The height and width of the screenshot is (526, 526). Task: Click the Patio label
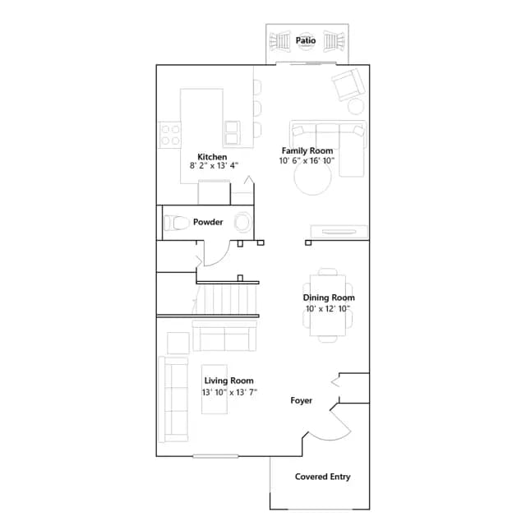pyautogui.click(x=305, y=40)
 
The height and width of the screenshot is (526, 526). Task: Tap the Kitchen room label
pyautogui.click(x=212, y=157)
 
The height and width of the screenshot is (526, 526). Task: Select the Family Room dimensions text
pyautogui.click(x=307, y=161)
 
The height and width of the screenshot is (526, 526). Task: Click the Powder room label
pyautogui.click(x=208, y=222)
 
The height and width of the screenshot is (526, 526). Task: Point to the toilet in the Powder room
pyautogui.click(x=177, y=223)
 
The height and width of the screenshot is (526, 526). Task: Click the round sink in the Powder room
pyautogui.click(x=242, y=222)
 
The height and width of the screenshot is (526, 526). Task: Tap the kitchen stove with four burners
pyautogui.click(x=170, y=135)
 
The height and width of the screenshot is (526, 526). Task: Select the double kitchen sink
pyautogui.click(x=232, y=133)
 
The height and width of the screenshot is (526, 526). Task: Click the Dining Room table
pyautogui.click(x=328, y=305)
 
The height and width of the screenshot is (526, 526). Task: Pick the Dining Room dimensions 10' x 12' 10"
pyautogui.click(x=328, y=309)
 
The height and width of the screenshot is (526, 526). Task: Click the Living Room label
pyautogui.click(x=228, y=381)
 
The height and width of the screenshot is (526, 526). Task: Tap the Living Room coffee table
pyautogui.click(x=215, y=389)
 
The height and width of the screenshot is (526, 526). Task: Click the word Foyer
pyautogui.click(x=302, y=400)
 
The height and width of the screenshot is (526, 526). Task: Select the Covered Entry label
pyautogui.click(x=323, y=477)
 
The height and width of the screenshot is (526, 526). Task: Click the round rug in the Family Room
pyautogui.click(x=313, y=177)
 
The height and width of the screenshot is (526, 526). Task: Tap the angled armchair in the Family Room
pyautogui.click(x=348, y=84)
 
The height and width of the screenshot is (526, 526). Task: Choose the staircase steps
pyautogui.click(x=227, y=299)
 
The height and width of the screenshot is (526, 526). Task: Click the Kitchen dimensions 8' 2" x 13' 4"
pyautogui.click(x=214, y=166)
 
